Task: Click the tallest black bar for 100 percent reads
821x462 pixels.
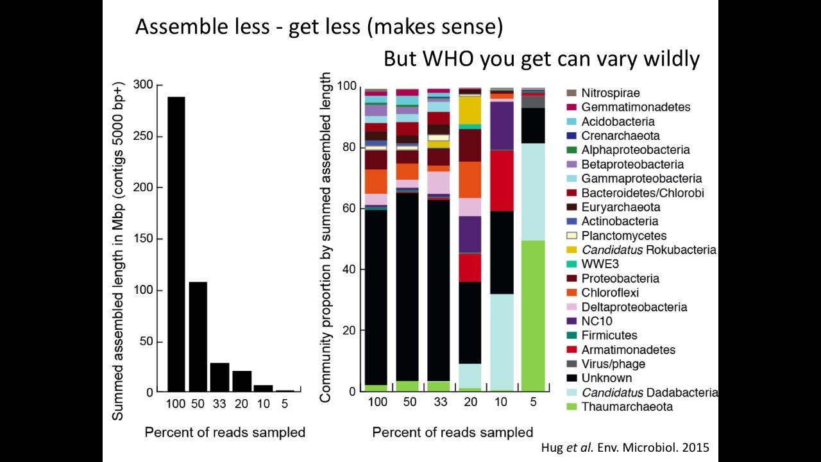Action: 176,244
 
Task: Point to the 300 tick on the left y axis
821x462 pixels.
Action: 144,85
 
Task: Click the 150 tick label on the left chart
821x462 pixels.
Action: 144,239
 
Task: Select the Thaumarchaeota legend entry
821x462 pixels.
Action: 618,407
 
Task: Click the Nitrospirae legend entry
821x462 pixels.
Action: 610,93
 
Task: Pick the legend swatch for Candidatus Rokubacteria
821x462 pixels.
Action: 570,250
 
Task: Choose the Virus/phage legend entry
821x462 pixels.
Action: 613,364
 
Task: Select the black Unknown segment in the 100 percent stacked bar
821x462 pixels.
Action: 376,295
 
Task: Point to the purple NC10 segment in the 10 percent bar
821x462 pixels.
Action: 502,125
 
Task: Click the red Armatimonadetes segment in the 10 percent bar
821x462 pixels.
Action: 502,180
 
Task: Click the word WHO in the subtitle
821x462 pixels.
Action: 448,59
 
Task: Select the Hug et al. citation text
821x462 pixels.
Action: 625,448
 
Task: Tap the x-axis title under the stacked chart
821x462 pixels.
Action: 452,432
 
